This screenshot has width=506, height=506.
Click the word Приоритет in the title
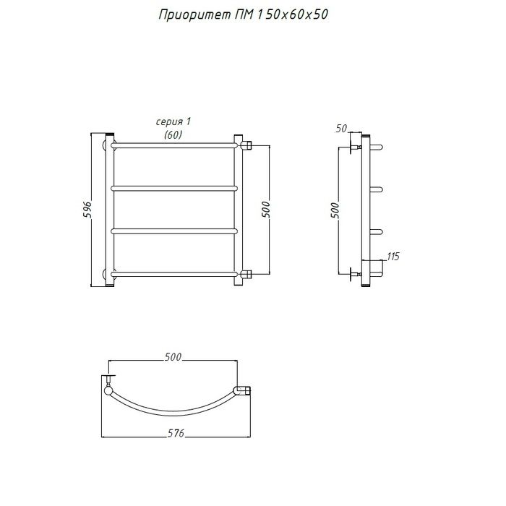tap(194, 15)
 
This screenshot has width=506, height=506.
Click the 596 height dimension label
tap(87, 209)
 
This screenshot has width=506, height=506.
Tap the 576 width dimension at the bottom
tap(176, 433)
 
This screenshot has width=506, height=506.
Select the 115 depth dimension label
tap(393, 256)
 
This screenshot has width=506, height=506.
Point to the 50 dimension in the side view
tap(341, 129)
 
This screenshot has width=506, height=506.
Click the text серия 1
tap(173, 121)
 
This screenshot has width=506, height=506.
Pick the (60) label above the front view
tap(173, 134)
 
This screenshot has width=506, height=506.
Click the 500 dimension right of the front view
tap(265, 209)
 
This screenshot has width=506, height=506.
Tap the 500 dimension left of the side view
tap(335, 210)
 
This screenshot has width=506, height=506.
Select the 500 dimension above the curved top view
tap(173, 357)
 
